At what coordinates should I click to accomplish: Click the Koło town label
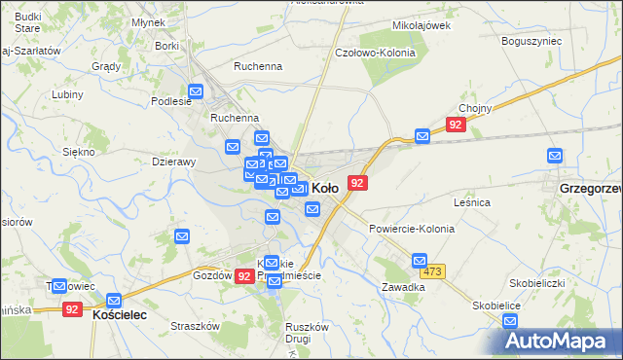click(x=325, y=187)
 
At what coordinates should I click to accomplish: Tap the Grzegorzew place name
click(x=590, y=186)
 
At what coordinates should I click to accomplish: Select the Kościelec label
click(x=119, y=316)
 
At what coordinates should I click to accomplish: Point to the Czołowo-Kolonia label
click(x=375, y=53)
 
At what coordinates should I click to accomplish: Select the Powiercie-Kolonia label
click(x=411, y=228)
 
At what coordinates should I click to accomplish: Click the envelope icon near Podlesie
click(x=196, y=92)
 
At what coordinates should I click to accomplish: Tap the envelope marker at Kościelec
click(x=115, y=301)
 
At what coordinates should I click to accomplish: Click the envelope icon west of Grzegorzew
click(x=555, y=155)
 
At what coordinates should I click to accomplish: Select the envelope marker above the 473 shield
click(x=420, y=261)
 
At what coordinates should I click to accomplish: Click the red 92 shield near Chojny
click(x=456, y=125)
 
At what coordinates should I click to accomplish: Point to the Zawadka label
click(x=403, y=288)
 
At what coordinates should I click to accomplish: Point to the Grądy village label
click(x=105, y=67)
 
